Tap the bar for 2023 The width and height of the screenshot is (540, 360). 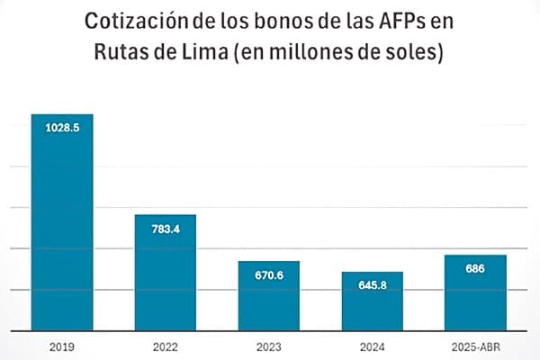269,296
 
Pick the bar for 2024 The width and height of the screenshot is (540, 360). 372,301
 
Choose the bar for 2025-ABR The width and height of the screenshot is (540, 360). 475,292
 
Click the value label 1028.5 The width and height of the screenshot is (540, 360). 62,129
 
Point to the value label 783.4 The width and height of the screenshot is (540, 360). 166,229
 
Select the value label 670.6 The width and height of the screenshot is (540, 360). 269,274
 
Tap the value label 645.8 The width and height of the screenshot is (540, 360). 372,285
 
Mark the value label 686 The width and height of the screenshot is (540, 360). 475,268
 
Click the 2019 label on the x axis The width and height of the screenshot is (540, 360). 62,346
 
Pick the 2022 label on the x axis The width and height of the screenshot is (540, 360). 166,346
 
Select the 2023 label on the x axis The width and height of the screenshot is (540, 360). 269,346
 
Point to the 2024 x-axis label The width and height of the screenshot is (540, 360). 372,346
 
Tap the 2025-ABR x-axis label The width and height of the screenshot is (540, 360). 475,346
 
